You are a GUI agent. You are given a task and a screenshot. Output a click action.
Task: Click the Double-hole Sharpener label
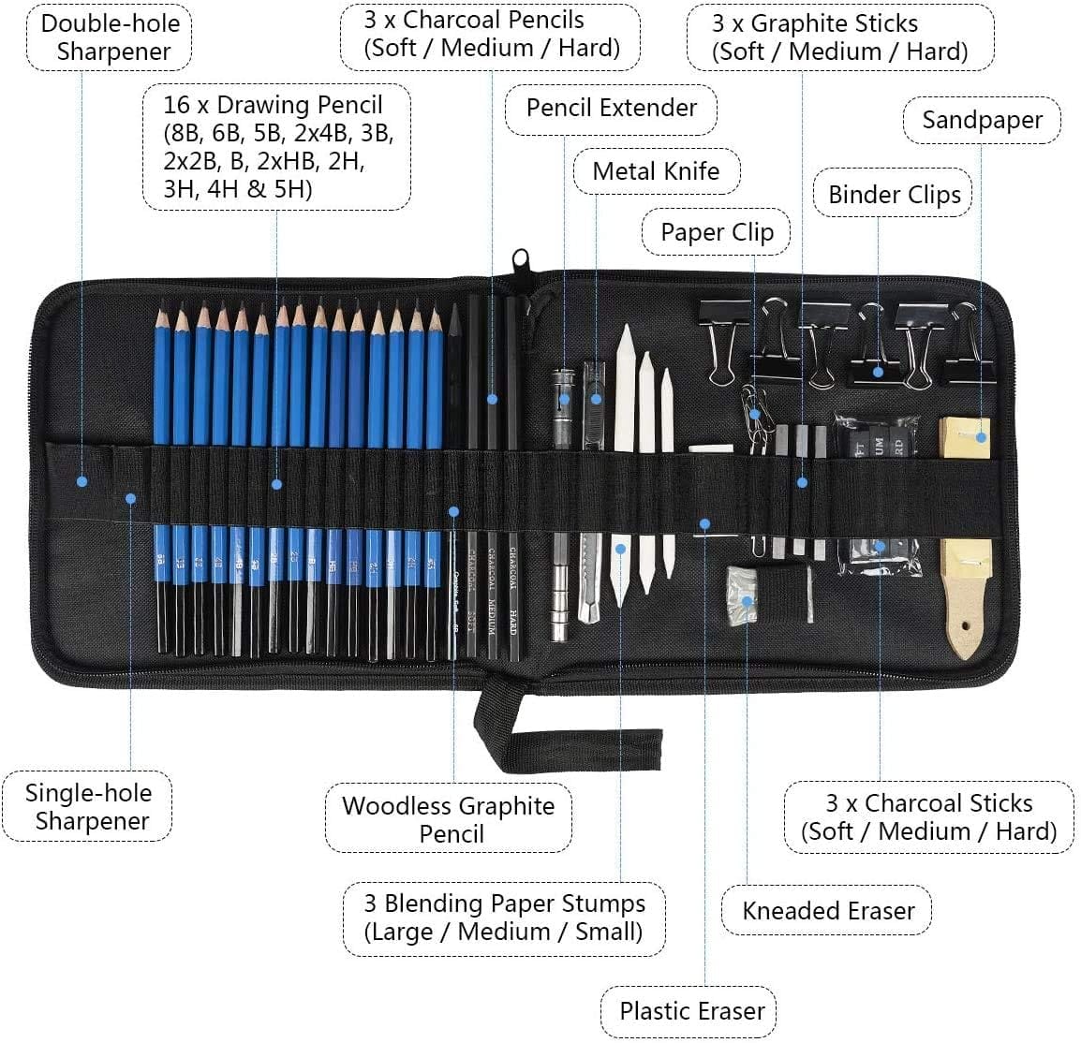pyautogui.click(x=109, y=37)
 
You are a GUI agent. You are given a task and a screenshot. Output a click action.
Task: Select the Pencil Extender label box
pyautogui.click(x=611, y=108)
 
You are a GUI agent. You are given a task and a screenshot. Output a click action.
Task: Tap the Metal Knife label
pyautogui.click(x=656, y=171)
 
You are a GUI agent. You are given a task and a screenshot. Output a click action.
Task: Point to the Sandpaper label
pyautogui.click(x=981, y=120)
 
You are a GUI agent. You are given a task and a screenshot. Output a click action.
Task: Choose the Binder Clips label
pyautogui.click(x=894, y=195)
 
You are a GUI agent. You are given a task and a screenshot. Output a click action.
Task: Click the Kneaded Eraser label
pyautogui.click(x=827, y=911)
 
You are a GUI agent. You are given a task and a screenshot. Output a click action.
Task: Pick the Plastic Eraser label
pyautogui.click(x=691, y=1011)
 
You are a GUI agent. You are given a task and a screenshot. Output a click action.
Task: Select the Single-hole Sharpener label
pyautogui.click(x=89, y=806)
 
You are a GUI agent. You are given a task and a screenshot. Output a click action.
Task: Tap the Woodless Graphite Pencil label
pyautogui.click(x=449, y=819)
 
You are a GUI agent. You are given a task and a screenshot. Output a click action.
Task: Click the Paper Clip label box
pyautogui.click(x=717, y=232)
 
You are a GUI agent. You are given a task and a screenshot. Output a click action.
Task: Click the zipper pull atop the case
pyautogui.click(x=520, y=262)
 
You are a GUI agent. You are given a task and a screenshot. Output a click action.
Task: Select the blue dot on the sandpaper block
pyautogui.click(x=981, y=436)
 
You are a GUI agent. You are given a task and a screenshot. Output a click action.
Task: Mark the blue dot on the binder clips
pyautogui.click(x=878, y=371)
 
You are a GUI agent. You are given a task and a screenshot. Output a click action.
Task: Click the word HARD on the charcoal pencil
pyautogui.click(x=513, y=623)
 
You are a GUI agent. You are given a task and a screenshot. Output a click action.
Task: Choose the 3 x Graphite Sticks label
pyautogui.click(x=839, y=37)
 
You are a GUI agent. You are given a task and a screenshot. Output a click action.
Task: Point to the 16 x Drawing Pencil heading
pyautogui.click(x=273, y=104)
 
